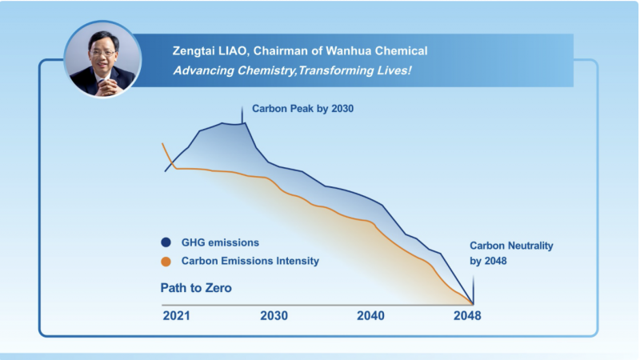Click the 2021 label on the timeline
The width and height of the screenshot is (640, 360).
pyautogui.click(x=176, y=316)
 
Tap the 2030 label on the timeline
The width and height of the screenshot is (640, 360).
pyautogui.click(x=274, y=316)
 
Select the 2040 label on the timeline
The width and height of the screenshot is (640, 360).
pyautogui.click(x=370, y=316)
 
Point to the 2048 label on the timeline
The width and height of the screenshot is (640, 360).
pyautogui.click(x=467, y=316)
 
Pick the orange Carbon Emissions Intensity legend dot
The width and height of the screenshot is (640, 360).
pyautogui.click(x=166, y=261)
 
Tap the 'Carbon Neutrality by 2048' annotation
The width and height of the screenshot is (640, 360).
pyautogui.click(x=511, y=253)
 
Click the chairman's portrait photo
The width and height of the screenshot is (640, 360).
pyautogui.click(x=102, y=60)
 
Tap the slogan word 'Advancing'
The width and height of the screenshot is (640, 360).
pyautogui.click(x=202, y=70)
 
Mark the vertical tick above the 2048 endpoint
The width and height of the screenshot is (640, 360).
pyautogui.click(x=473, y=288)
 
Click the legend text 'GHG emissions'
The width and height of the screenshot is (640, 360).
pyautogui.click(x=220, y=242)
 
